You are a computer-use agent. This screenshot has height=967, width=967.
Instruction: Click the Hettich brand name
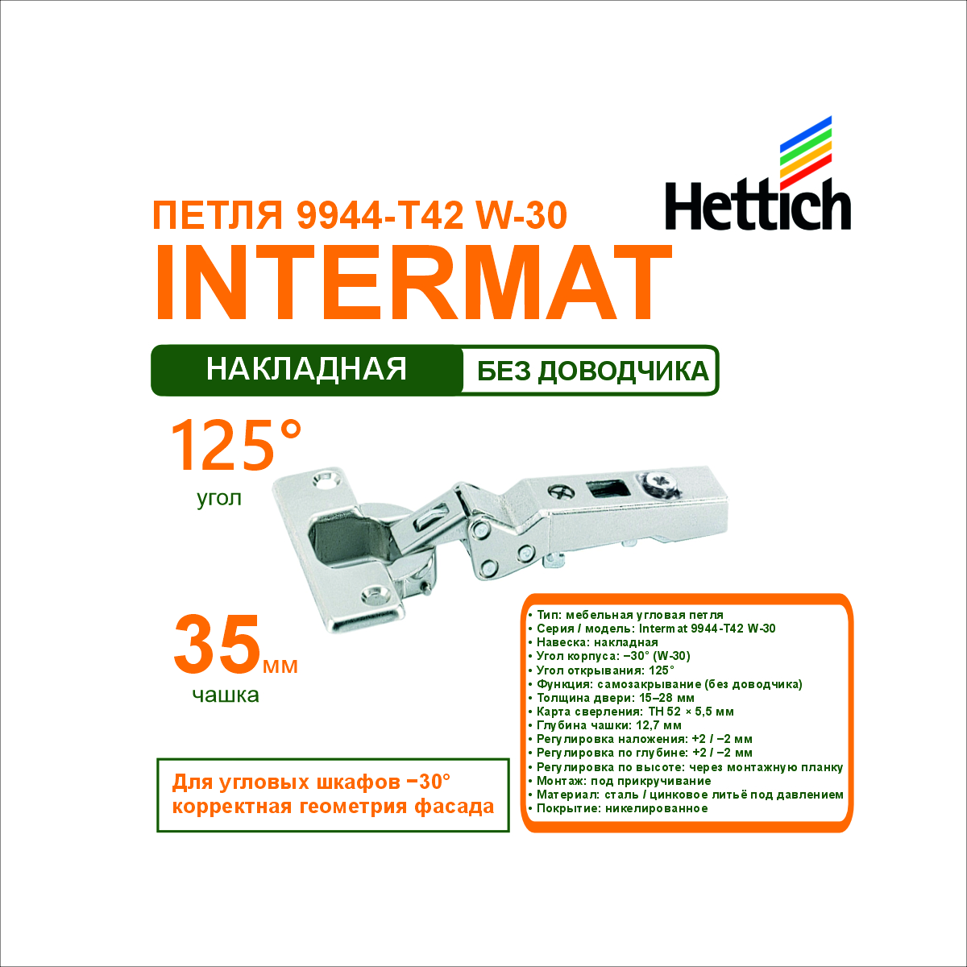click(x=757, y=205)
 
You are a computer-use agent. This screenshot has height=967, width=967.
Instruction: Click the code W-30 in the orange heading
click(x=522, y=215)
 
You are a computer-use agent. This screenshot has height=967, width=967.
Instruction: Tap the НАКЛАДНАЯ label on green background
click(x=306, y=370)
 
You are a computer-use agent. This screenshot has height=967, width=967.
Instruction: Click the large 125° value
click(x=236, y=446)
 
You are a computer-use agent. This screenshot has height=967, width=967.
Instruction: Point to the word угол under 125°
click(x=219, y=498)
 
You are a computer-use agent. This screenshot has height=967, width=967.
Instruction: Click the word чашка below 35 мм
click(x=226, y=695)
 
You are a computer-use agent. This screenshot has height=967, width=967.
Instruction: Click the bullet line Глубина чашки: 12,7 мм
click(x=605, y=725)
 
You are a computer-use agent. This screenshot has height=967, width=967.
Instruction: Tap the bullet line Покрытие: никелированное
click(x=618, y=809)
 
